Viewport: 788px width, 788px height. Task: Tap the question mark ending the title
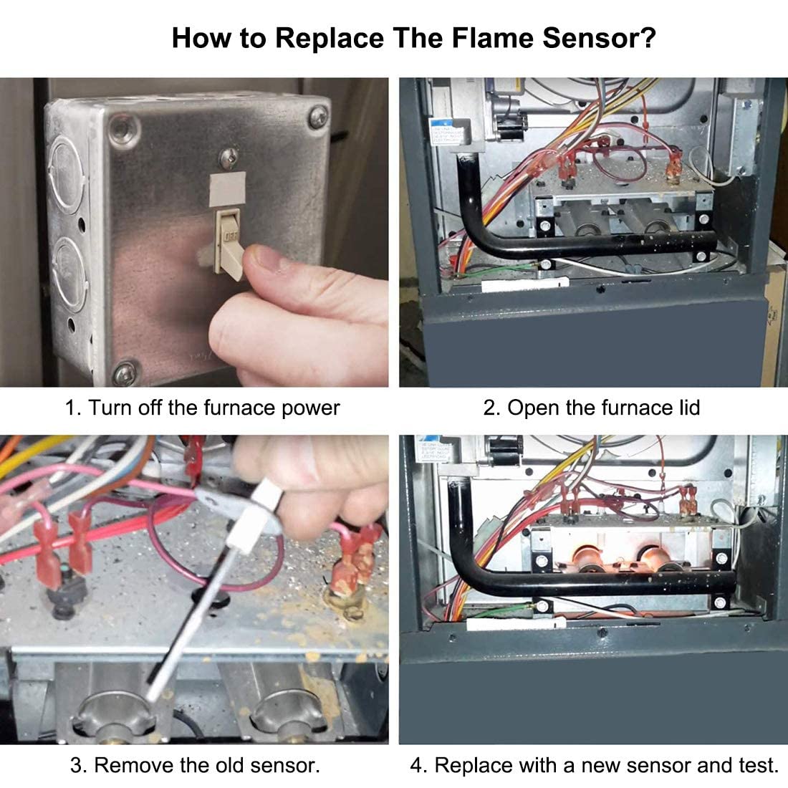coord(648,38)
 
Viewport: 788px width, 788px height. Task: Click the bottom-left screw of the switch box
coord(125,372)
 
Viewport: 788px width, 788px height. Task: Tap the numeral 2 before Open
coord(490,408)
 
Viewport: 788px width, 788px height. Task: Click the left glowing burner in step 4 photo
coord(591,556)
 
